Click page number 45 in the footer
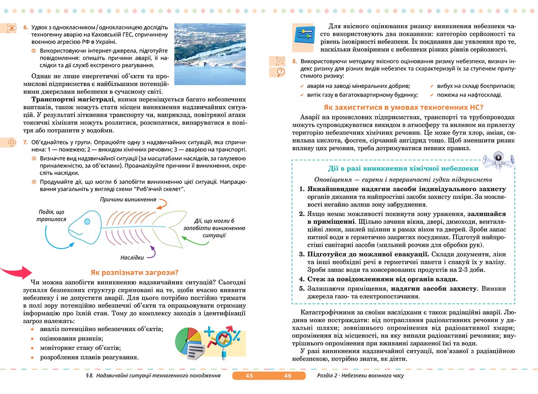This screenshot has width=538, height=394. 250,376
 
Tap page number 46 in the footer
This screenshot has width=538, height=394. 288,376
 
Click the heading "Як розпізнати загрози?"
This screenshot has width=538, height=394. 134,272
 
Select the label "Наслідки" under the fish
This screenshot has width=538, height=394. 132,258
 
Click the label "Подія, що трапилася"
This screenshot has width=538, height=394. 51,216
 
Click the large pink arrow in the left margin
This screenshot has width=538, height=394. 15,272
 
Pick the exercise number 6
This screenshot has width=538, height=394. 26,27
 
